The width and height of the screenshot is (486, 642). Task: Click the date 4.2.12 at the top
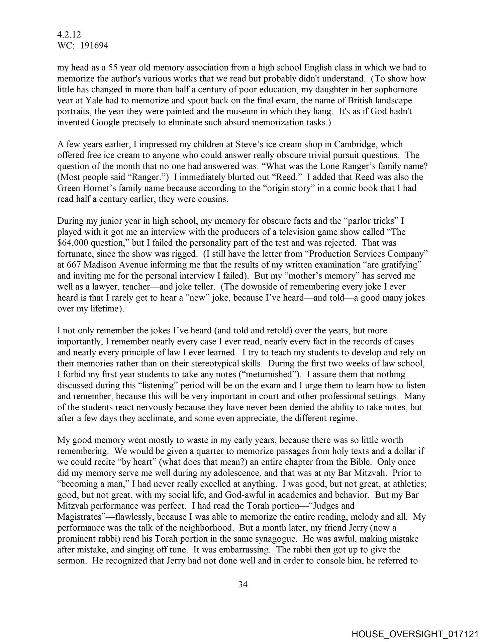[69, 34]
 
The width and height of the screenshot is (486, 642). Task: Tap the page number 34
[243, 584]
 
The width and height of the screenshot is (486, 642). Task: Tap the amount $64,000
[73, 243]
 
